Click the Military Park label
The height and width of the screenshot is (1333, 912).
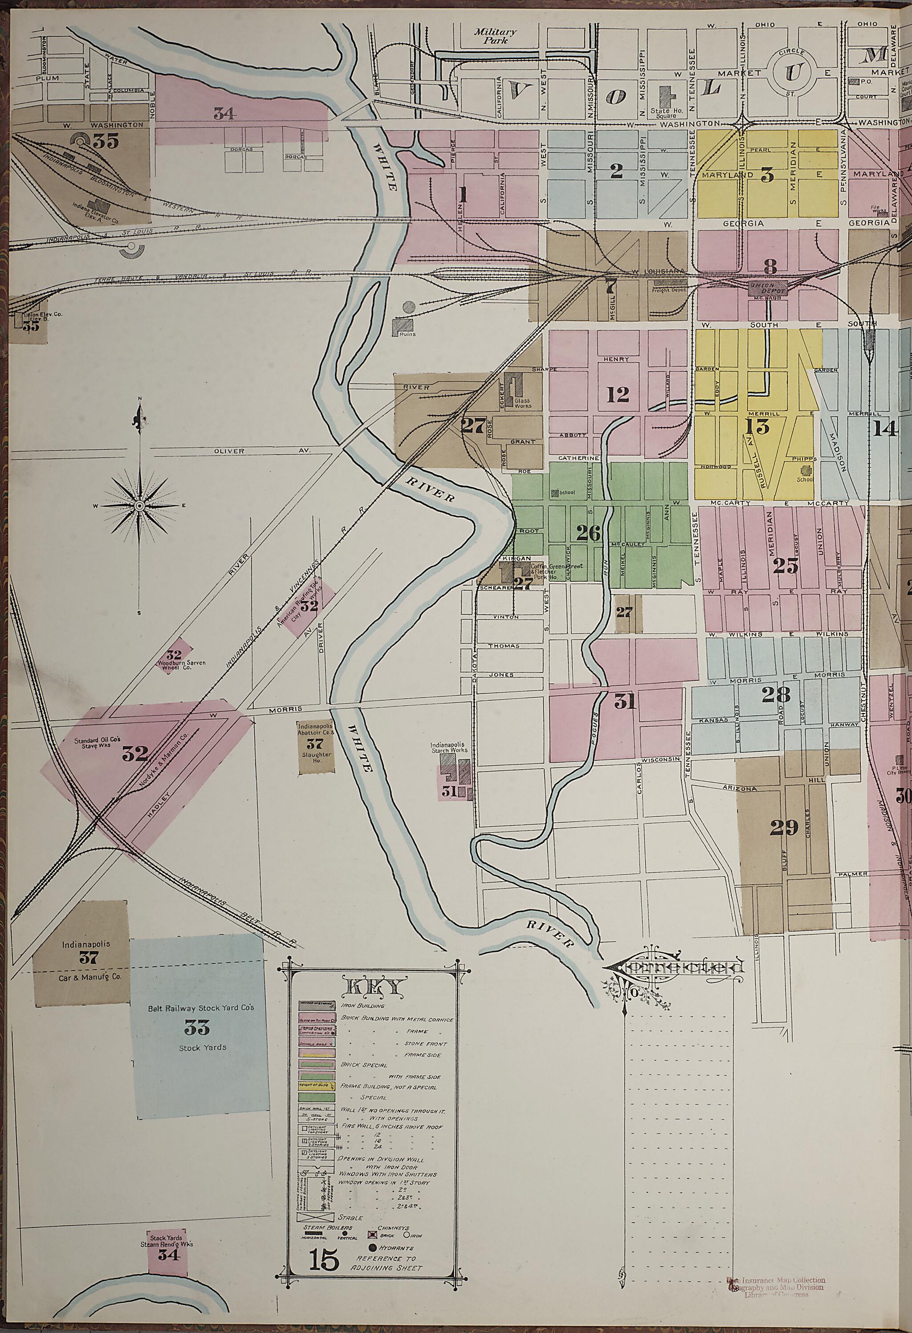(x=495, y=37)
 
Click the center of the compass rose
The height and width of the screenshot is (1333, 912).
(x=139, y=506)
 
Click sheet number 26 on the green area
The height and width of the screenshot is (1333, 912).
(x=589, y=534)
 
